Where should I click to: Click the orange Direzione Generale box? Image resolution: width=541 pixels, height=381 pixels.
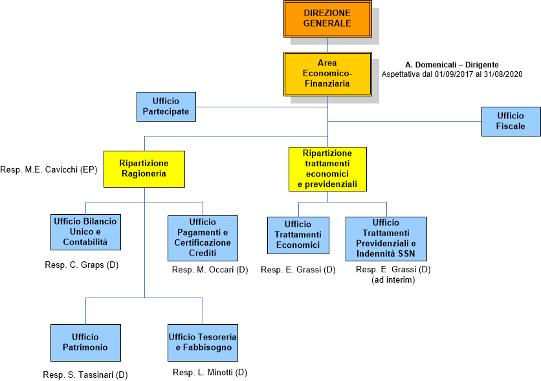[x=327, y=18]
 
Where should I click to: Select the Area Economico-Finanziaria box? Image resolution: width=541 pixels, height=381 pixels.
[x=327, y=73]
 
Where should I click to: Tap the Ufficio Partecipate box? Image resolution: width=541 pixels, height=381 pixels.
[x=166, y=107]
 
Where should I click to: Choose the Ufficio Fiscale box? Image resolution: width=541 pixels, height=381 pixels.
[x=511, y=121]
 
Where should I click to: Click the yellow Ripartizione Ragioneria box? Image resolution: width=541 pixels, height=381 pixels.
[x=144, y=169]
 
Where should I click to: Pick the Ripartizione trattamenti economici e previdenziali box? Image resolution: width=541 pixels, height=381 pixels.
[x=327, y=169]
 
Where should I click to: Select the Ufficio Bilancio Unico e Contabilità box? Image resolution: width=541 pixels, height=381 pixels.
[x=85, y=232]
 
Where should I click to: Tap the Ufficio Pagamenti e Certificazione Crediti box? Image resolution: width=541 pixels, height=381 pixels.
[x=203, y=237]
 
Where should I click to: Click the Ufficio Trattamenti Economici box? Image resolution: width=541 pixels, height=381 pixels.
[x=298, y=235]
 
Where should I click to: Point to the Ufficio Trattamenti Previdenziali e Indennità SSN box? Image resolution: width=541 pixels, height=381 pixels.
[x=386, y=237]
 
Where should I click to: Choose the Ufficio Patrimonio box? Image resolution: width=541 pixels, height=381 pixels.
[x=85, y=342]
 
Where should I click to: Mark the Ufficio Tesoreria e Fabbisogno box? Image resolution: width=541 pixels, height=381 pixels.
[x=203, y=342]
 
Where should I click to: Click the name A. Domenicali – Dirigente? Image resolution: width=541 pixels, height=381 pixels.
[x=452, y=65]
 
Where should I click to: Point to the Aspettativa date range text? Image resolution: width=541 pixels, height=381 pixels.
[x=452, y=74]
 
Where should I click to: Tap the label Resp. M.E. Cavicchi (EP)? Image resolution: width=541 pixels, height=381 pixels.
[x=48, y=170]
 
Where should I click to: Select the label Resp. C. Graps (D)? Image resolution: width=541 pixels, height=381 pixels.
[x=82, y=265]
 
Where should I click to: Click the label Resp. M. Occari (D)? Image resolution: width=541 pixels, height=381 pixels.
[x=210, y=269]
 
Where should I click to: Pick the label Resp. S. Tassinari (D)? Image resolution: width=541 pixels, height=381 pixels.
[x=85, y=375]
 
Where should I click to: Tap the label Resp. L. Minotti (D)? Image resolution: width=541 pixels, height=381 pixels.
[x=210, y=372]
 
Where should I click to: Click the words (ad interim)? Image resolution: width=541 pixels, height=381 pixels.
[x=393, y=279]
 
